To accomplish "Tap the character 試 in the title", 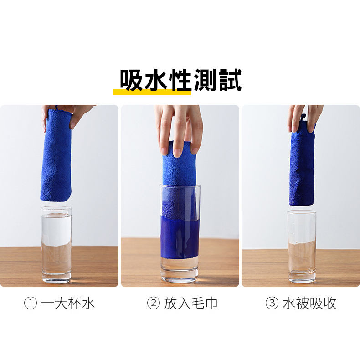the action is coord(230,80).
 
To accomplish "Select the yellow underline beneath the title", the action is coord(152,92).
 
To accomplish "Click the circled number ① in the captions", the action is coord(31,303).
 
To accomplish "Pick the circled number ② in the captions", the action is coord(154,303).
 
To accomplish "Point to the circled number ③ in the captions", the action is coord(272,303).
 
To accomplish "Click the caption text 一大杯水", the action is coord(68,303).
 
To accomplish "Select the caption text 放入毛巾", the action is coord(190,303).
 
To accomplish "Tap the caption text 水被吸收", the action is coord(309,303).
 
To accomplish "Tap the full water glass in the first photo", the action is coord(56,245).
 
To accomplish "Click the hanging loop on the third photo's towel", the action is coord(303,117).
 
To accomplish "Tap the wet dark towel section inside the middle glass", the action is coord(179,237).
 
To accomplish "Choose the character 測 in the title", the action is coord(206,80).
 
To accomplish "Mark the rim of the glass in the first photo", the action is coord(56,208).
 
